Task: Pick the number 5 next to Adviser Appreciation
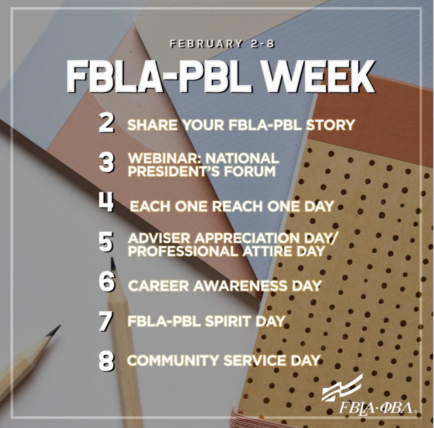coord(107,243)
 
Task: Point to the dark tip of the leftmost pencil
coord(56,329)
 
